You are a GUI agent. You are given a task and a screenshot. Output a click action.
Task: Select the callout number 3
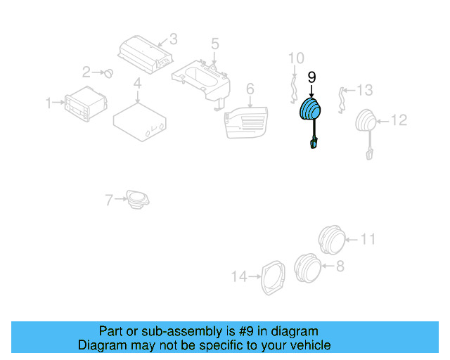[x=173, y=39]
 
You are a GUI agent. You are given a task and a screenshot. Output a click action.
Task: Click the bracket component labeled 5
[x=203, y=78]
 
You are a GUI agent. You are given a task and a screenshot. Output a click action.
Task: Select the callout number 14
[x=239, y=277]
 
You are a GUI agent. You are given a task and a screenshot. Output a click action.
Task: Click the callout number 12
[x=399, y=121]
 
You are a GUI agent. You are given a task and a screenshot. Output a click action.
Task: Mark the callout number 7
[x=109, y=200]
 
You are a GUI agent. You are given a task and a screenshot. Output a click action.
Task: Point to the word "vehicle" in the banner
[x=308, y=345]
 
